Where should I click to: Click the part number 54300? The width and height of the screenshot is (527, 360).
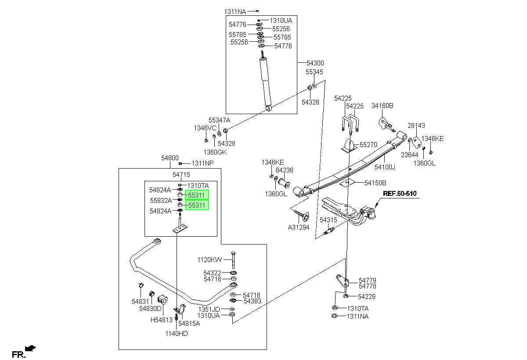pyautogui.click(x=315, y=63)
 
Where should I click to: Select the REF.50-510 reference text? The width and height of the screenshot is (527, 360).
pyautogui.click(x=400, y=194)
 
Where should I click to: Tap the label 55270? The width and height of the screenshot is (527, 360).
pyautogui.click(x=368, y=144)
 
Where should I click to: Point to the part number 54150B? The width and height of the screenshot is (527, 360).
pyautogui.click(x=375, y=183)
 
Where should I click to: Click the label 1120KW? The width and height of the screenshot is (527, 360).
pyautogui.click(x=209, y=259)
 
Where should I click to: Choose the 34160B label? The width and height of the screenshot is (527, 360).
pyautogui.click(x=383, y=105)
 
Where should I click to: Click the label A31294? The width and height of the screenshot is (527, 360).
pyautogui.click(x=299, y=227)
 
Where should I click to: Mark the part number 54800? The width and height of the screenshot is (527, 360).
pyautogui.click(x=170, y=158)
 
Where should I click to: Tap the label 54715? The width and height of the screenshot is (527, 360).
pyautogui.click(x=181, y=174)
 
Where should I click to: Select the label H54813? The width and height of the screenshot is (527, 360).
pyautogui.click(x=162, y=320)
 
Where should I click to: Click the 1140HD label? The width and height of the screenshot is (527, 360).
pyautogui.click(x=177, y=333)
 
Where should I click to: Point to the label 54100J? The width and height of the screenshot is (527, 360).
pyautogui.click(x=385, y=167)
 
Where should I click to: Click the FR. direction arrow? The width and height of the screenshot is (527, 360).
pyautogui.click(x=30, y=348)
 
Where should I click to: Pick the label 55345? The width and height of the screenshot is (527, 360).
pyautogui.click(x=314, y=72)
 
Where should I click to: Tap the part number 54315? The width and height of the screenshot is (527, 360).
pyautogui.click(x=328, y=220)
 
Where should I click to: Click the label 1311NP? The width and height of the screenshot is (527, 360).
pyautogui.click(x=202, y=163)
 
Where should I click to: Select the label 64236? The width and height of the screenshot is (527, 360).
pyautogui.click(x=285, y=170)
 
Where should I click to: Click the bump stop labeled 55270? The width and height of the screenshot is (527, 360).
pyautogui.click(x=349, y=146)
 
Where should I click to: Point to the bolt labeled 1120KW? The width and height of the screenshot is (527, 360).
pyautogui.click(x=233, y=260)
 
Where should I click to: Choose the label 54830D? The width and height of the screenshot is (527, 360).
pyautogui.click(x=150, y=309)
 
